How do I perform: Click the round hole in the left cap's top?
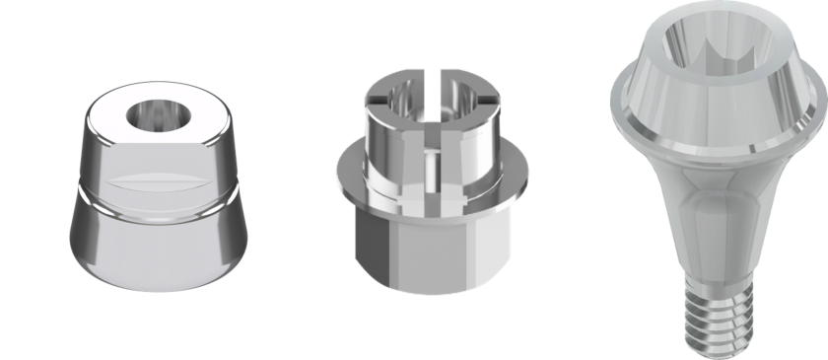[x=155, y=113]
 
